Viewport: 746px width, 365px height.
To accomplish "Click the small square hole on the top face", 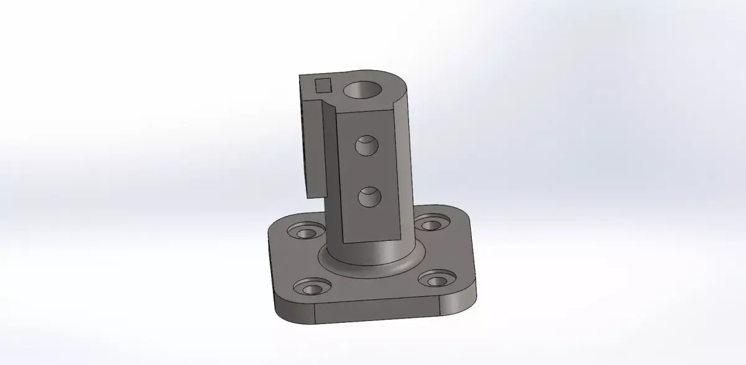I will [323, 85].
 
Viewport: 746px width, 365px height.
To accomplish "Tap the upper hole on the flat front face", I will [366, 146].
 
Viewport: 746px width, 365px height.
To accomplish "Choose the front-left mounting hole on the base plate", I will [308, 287].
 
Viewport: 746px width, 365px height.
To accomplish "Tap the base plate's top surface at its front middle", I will [373, 289].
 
